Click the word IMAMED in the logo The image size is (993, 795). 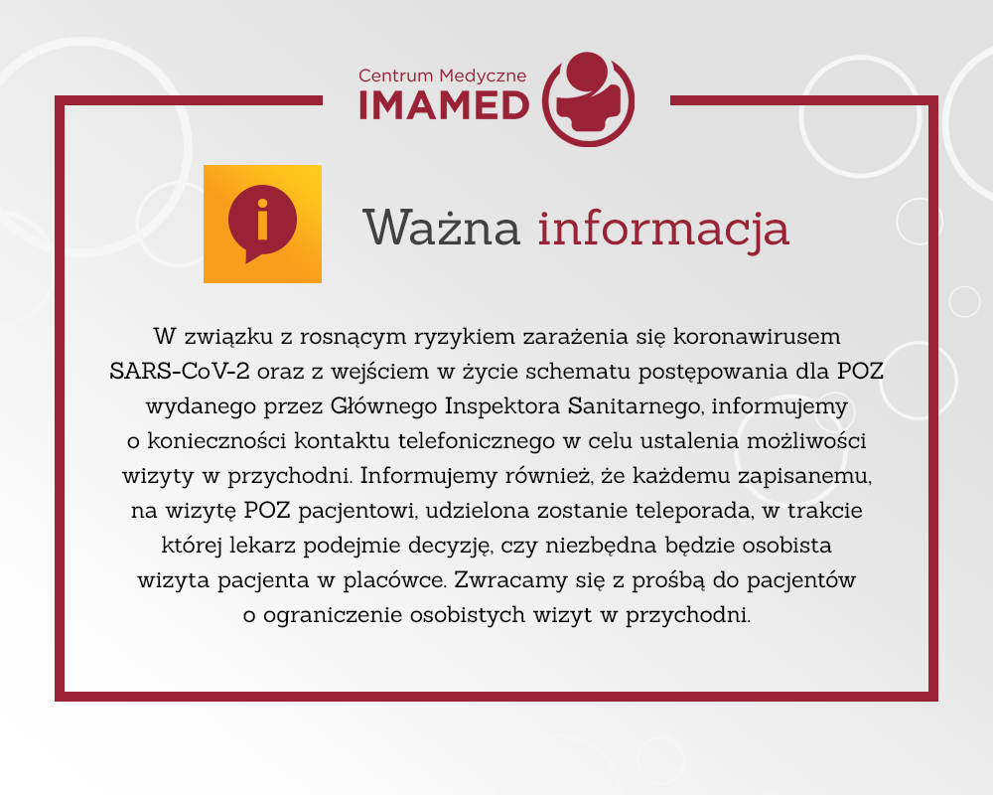tap(444, 105)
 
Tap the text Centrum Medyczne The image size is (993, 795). tap(442, 77)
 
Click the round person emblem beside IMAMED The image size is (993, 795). tap(588, 99)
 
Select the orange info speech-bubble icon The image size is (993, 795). tap(262, 224)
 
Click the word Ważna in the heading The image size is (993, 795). tap(442, 227)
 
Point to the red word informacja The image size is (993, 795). tap(663, 229)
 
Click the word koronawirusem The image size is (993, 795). tap(757, 336)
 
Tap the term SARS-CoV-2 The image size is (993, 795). tap(180, 371)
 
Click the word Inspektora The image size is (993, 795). tap(502, 405)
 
